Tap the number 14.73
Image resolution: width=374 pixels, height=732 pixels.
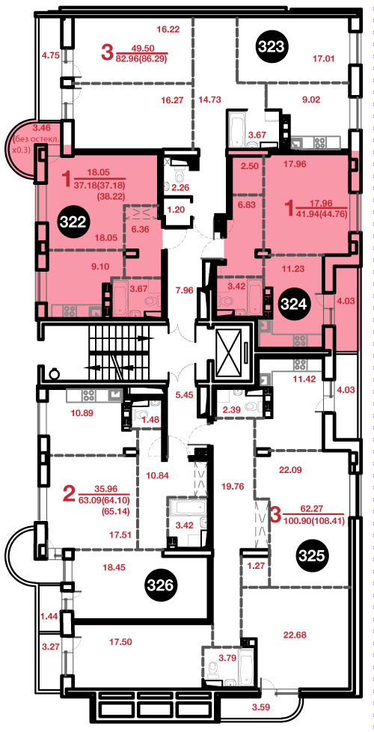tap(209, 99)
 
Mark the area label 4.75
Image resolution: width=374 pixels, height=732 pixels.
tap(50, 55)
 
